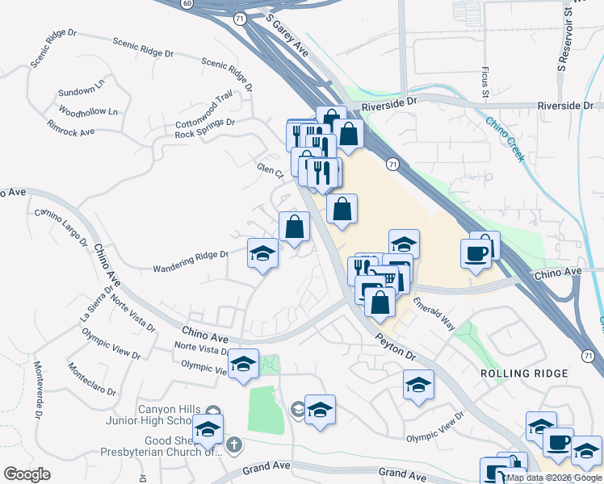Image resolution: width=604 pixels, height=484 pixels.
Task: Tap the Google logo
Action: [27, 474]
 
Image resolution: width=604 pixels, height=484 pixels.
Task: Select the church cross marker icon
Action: [233, 444]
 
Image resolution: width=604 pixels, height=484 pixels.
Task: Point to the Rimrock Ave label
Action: [71, 129]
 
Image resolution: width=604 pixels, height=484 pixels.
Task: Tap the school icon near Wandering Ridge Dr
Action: [262, 255]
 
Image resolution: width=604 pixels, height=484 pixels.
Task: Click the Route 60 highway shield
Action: [187, 4]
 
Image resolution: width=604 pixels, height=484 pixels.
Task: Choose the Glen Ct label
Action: [270, 171]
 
